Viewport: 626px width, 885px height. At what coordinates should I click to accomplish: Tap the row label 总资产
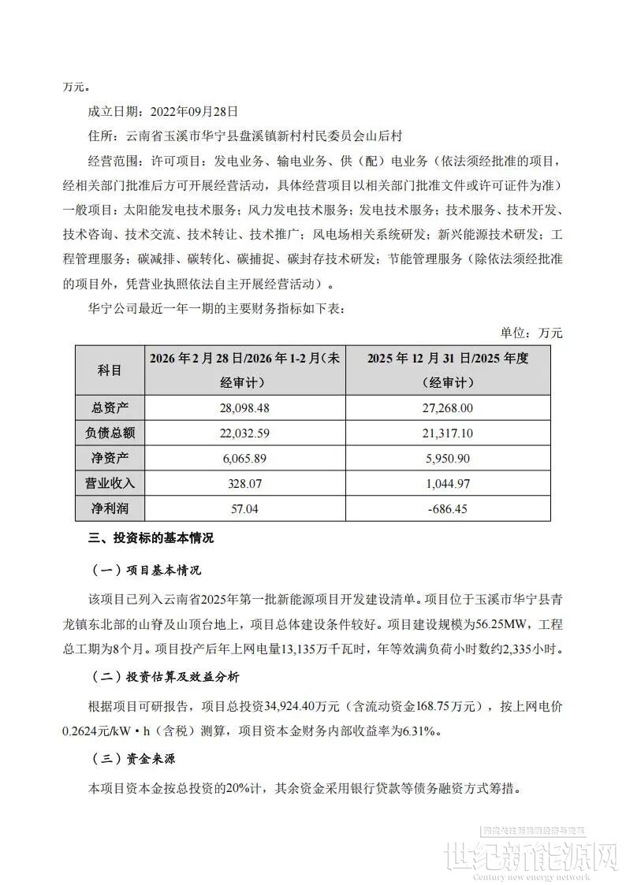(x=110, y=408)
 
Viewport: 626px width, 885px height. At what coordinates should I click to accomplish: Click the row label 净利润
(x=110, y=508)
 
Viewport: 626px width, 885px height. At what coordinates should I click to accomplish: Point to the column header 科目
(x=110, y=370)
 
